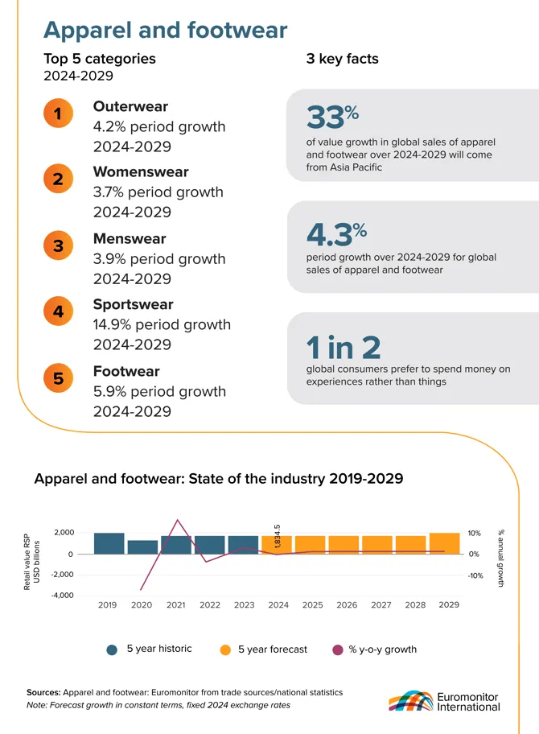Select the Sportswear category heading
[x=133, y=304]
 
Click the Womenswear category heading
[x=141, y=171]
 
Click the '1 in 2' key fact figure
[x=344, y=348]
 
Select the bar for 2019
[x=109, y=543]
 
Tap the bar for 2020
[x=142, y=547]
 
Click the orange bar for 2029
[x=444, y=543]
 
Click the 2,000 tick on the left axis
[x=64, y=533]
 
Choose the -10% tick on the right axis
[x=475, y=575]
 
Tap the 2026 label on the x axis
[x=347, y=605]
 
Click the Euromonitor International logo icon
[x=410, y=700]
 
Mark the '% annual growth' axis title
[x=500, y=558]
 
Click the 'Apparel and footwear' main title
[x=165, y=30]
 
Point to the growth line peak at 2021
[x=178, y=521]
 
